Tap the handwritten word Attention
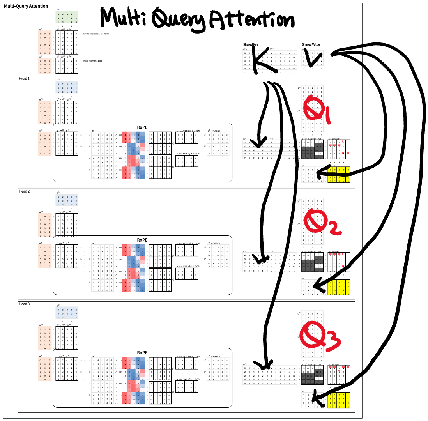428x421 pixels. coord(251,20)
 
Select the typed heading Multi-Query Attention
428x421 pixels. coord(26,6)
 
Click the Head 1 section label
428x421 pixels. coord(24,79)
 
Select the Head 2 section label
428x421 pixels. coord(24,192)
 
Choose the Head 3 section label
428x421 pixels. coord(24,304)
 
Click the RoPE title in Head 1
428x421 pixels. coord(142,127)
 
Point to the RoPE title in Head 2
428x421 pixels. coord(142,240)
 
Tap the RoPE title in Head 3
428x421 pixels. coord(142,352)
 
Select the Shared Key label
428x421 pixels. coord(251,45)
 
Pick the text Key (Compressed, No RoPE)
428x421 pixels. coord(96,34)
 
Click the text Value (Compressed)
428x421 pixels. coord(92,61)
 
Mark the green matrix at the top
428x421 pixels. coord(67,18)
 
